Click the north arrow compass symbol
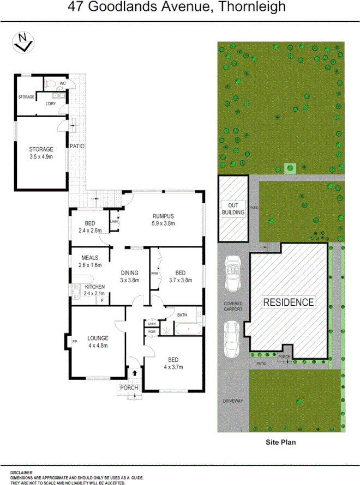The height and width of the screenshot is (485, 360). point(22,43)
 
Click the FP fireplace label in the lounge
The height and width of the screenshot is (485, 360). point(75,342)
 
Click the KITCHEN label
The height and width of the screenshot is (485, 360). point(94,287)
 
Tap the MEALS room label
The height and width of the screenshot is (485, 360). point(89,258)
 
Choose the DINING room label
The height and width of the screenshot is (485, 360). point(130,273)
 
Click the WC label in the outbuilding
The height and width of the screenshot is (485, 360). point(63,83)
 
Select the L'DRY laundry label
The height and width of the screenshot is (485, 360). point(51,104)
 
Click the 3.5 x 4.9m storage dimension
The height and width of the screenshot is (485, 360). point(41,156)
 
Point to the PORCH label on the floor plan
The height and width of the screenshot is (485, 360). point(129,388)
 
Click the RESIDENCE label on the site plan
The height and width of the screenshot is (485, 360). point(289,302)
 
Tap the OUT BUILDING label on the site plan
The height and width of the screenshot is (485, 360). point(233,208)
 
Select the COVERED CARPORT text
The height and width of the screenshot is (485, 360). point(233,306)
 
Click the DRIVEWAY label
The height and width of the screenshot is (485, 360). point(233,401)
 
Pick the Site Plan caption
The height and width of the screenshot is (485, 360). point(280,442)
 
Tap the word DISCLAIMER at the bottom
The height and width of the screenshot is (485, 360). point(21,472)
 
